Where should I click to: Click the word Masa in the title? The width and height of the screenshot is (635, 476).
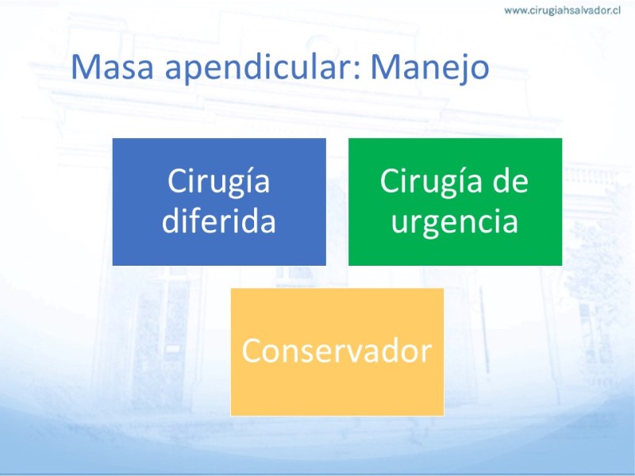(x=112, y=67)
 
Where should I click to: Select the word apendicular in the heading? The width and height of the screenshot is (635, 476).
(x=260, y=68)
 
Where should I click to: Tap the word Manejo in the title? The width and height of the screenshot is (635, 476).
(x=429, y=69)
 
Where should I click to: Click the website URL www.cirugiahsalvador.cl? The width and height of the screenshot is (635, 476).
(x=562, y=10)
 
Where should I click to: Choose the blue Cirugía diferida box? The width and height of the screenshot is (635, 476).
(x=219, y=202)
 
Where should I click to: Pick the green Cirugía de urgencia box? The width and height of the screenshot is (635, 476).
(x=455, y=202)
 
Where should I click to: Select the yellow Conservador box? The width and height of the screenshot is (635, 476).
(x=337, y=351)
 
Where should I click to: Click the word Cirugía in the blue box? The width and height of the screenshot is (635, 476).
(x=219, y=182)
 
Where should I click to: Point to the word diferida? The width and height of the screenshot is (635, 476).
(x=219, y=221)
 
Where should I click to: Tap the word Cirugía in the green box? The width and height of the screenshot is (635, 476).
(x=431, y=182)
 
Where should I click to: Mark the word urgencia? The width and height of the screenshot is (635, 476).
(x=454, y=223)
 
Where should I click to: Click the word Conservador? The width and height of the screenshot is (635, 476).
(x=337, y=351)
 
